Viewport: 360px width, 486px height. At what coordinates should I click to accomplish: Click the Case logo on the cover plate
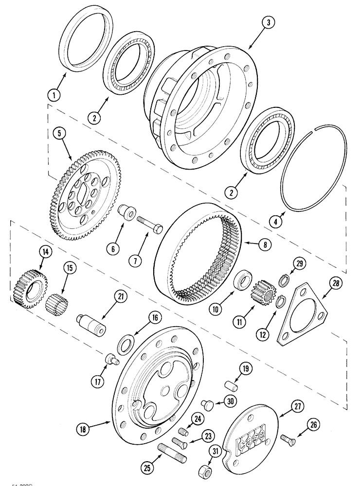pos(251,441)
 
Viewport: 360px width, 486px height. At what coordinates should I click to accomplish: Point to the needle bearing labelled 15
pos(57,305)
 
